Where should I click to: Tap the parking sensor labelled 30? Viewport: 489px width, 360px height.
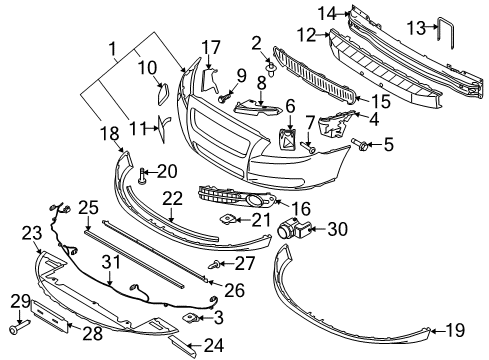coord(295,229)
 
